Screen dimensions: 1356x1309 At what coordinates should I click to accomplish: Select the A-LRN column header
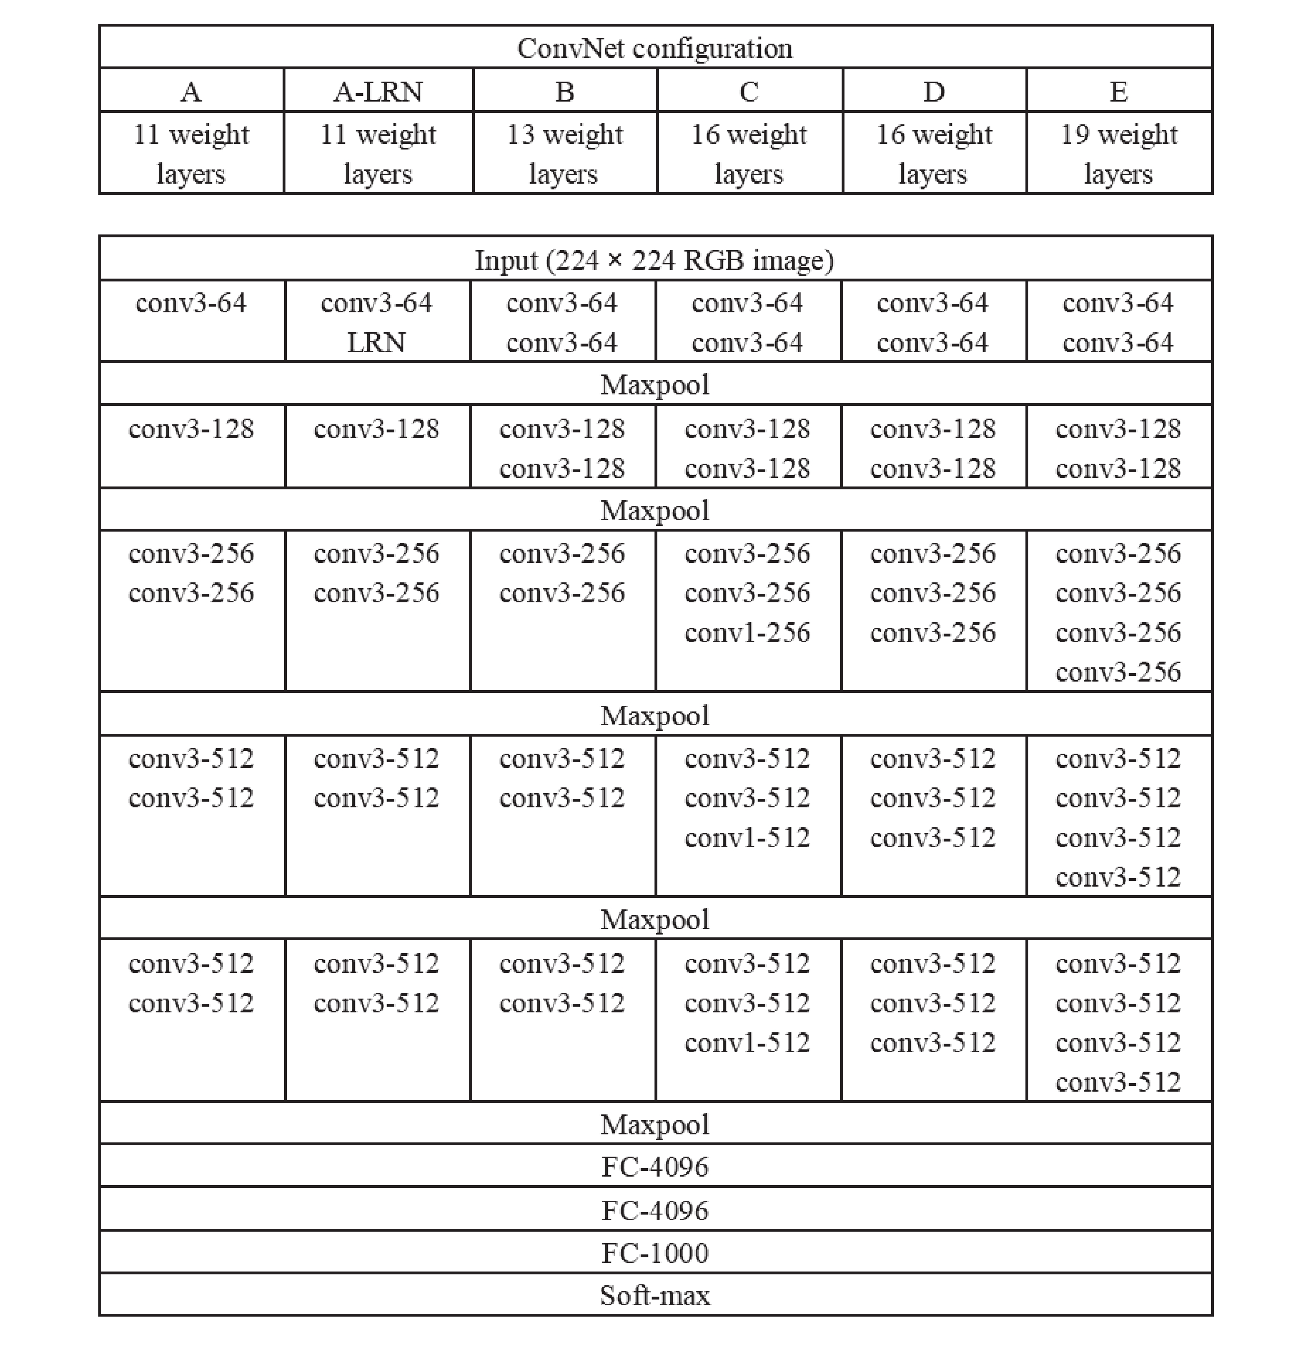[378, 91]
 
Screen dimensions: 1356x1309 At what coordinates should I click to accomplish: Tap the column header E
[1119, 91]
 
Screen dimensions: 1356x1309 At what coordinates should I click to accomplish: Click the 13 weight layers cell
[564, 153]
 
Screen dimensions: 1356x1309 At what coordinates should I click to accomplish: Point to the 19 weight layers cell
[1119, 153]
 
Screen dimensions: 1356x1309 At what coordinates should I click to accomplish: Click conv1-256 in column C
[747, 632]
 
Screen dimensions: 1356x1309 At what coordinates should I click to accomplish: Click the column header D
[934, 91]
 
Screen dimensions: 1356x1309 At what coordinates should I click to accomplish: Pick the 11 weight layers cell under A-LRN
[378, 153]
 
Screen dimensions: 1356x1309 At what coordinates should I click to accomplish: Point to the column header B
[564, 91]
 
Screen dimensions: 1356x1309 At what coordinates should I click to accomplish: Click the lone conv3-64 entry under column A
[191, 303]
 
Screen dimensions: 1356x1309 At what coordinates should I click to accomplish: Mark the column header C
[749, 91]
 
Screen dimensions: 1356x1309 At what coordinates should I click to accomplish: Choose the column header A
[191, 91]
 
